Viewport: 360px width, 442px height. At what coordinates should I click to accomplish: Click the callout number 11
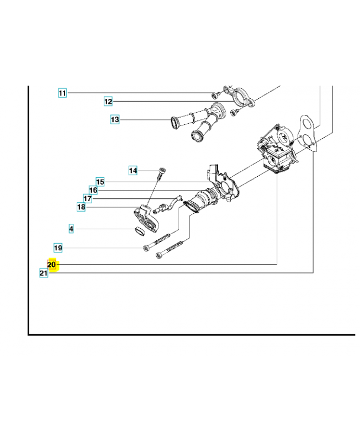click(62, 93)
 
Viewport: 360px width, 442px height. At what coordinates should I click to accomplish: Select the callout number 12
click(108, 101)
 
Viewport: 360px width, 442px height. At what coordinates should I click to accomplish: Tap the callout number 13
click(115, 119)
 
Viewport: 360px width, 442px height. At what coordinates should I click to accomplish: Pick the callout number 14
click(133, 171)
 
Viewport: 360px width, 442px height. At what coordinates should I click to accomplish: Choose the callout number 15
click(100, 182)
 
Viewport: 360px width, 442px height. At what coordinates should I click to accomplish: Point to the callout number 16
click(93, 190)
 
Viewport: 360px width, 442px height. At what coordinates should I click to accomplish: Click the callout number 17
click(88, 198)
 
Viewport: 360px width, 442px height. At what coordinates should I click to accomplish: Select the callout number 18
click(81, 207)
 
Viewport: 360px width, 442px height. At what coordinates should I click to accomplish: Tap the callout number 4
click(71, 229)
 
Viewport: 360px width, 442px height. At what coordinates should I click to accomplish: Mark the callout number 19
click(58, 248)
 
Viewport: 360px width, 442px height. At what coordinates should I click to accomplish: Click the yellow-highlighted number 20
click(51, 265)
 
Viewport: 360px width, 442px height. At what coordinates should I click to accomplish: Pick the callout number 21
click(44, 273)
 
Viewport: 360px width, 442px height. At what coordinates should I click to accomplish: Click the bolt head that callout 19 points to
click(146, 248)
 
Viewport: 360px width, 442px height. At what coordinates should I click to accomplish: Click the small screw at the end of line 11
click(214, 95)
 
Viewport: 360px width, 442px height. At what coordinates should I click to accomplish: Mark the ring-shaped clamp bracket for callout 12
click(240, 97)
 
